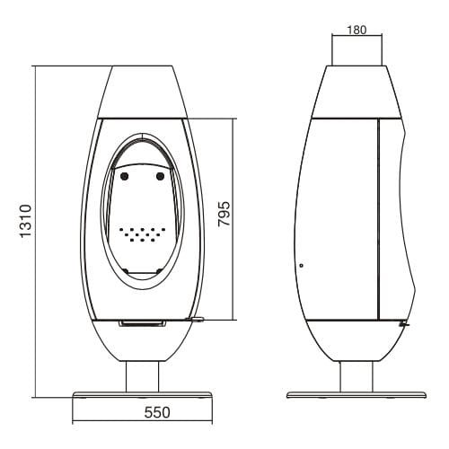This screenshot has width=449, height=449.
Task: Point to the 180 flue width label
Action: tap(357, 29)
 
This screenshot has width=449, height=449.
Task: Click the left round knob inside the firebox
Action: tap(125, 177)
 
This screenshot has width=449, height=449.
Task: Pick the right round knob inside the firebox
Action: tap(161, 177)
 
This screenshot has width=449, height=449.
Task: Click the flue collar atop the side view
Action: tap(357, 54)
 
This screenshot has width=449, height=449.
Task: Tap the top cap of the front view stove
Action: tap(142, 90)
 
